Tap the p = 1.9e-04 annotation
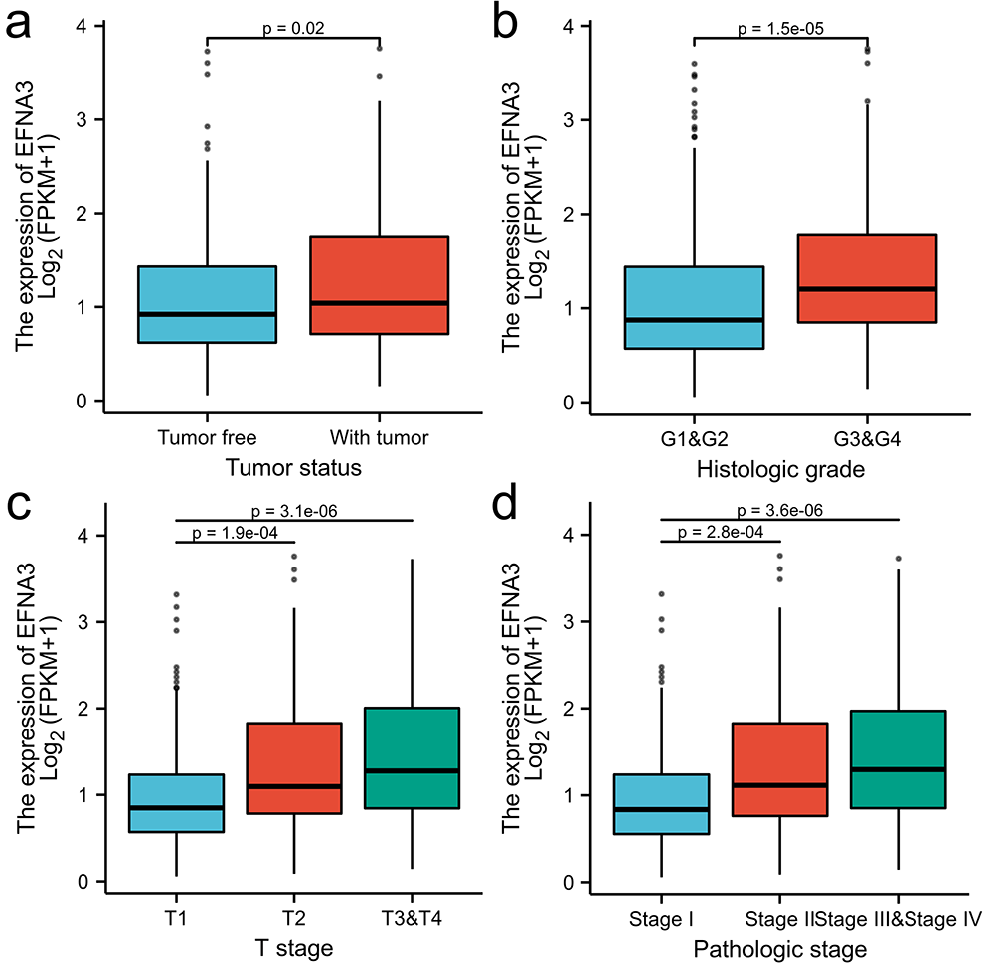(x=235, y=533)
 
